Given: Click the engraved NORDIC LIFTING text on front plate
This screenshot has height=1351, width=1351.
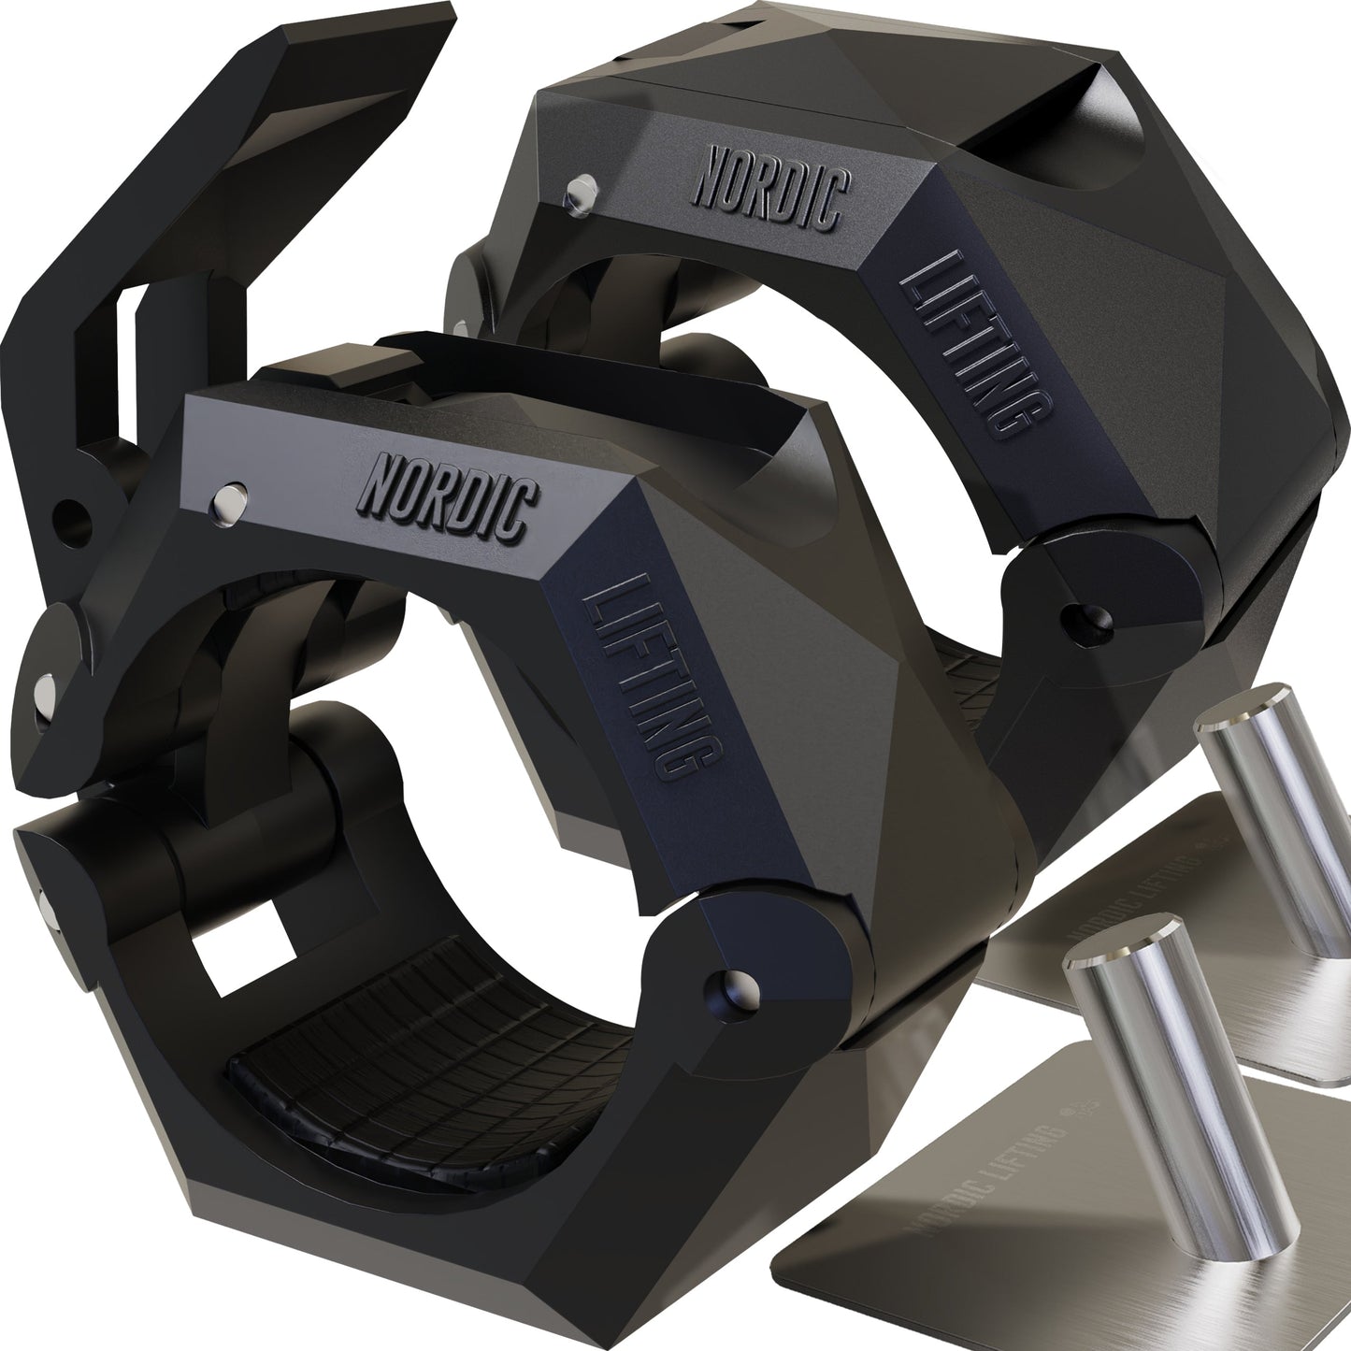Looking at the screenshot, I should [x=1000, y=1159].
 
